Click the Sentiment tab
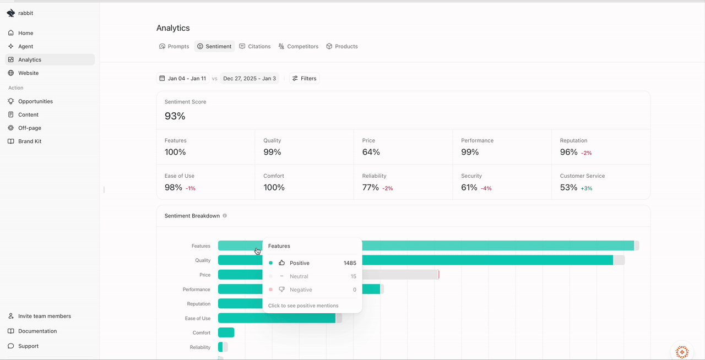(214, 47)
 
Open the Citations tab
(255, 47)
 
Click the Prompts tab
(174, 47)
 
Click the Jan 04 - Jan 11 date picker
(183, 79)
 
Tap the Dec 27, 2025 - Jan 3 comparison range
(250, 79)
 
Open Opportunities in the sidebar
(35, 101)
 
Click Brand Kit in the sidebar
(30, 141)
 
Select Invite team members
(44, 317)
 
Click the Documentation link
(37, 331)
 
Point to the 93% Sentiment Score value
(175, 116)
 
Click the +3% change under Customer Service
(587, 188)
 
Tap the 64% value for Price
(371, 152)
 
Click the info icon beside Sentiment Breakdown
(225, 216)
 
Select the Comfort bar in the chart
(226, 332)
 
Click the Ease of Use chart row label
(198, 319)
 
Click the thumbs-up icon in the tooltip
(282, 263)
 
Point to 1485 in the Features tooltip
(350, 263)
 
